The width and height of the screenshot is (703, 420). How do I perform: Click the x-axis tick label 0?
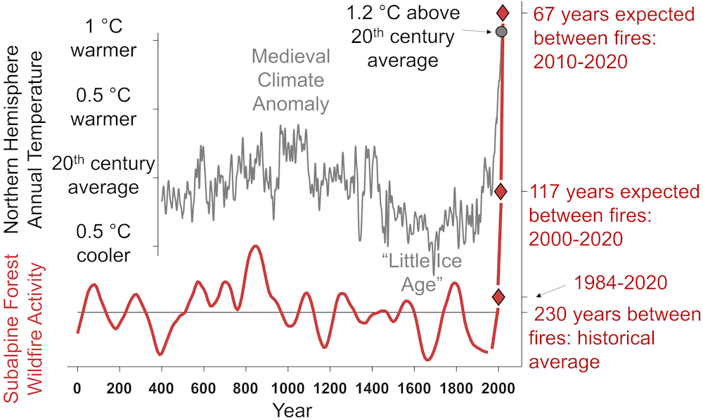pyautogui.click(x=77, y=387)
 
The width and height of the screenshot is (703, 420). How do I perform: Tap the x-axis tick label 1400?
pyautogui.click(x=372, y=387)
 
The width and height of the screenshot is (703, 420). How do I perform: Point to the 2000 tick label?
pyautogui.click(x=498, y=387)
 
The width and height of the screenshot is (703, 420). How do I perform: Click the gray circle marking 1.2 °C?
pyautogui.click(x=501, y=32)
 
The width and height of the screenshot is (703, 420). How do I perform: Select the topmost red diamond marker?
pyautogui.click(x=503, y=13)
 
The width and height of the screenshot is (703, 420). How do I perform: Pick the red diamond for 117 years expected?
pyautogui.click(x=501, y=191)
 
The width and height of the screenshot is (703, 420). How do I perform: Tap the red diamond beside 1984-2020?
pyautogui.click(x=498, y=297)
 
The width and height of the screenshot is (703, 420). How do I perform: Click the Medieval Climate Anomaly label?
pyautogui.click(x=290, y=79)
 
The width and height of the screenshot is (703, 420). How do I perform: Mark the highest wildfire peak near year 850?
pyautogui.click(x=256, y=247)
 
